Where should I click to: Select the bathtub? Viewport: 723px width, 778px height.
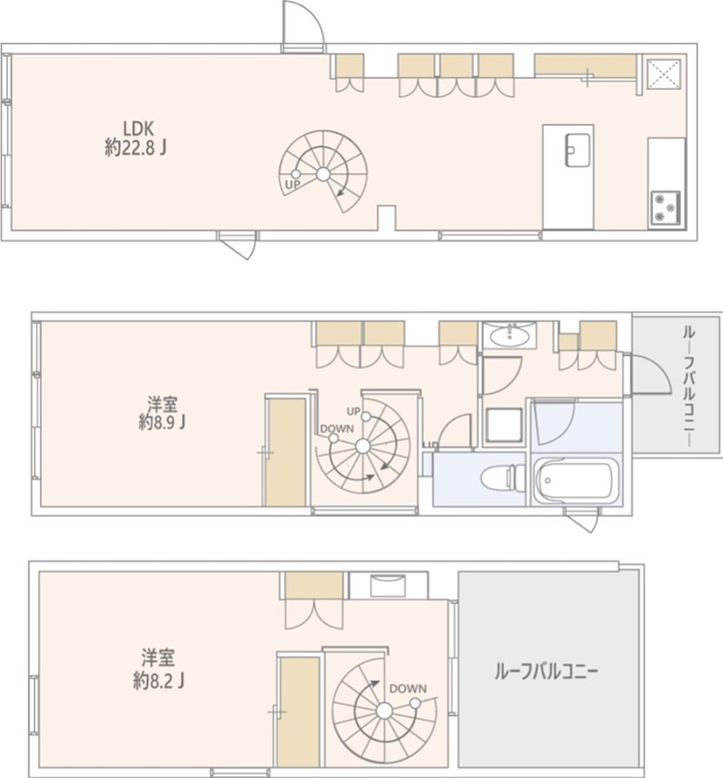(x=577, y=479)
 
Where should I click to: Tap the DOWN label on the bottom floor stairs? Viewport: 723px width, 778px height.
(x=408, y=689)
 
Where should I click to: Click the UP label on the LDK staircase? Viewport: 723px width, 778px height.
(x=292, y=184)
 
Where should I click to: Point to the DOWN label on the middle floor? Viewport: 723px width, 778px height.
(x=336, y=429)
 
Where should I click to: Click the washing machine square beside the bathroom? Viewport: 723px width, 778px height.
(x=502, y=424)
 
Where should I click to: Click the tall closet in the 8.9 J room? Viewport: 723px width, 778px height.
(x=287, y=451)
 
